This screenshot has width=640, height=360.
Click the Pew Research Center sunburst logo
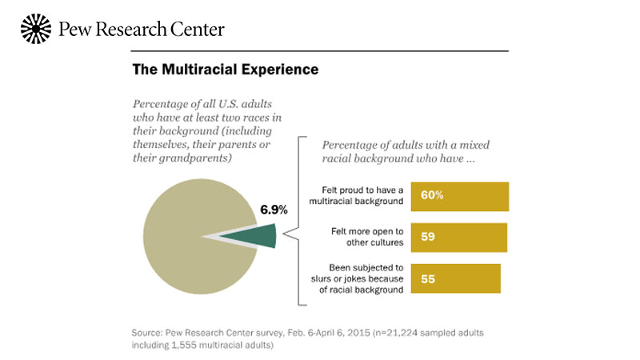pos(34,29)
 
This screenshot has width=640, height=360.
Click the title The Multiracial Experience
pos(225,70)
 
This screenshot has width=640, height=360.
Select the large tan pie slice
pos(184,240)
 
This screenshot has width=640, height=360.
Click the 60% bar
pos(459,196)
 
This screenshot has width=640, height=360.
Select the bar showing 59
pos(458,237)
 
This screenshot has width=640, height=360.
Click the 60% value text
pos(432,196)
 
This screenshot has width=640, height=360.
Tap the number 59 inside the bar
pos(428,237)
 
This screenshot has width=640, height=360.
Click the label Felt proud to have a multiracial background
pos(358,196)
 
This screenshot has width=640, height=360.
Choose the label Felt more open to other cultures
pos(364,237)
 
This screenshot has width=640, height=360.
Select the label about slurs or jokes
pos(358,278)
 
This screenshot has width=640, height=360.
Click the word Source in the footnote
pos(149,331)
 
